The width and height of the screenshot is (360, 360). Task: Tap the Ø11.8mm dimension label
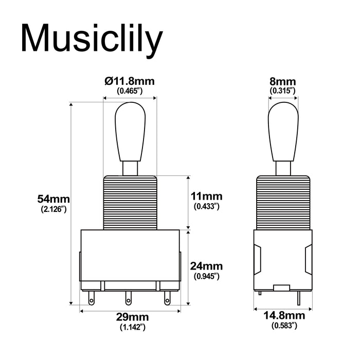[x=130, y=81]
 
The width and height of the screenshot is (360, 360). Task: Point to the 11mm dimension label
[x=206, y=196]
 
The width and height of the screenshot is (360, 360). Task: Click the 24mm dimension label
[x=206, y=266]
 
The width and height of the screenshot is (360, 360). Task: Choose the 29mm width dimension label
[x=130, y=317]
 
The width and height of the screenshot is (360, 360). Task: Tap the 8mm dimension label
[x=282, y=81]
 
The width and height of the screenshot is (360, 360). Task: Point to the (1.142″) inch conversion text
[x=130, y=327]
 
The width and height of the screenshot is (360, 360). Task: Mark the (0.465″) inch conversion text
[x=130, y=91]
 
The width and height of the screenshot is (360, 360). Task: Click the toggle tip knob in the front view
[x=130, y=131]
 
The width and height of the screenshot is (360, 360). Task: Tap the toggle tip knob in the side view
[x=282, y=131]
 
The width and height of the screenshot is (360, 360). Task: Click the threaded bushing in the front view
[x=130, y=202]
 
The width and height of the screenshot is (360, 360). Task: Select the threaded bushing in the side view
[x=282, y=202]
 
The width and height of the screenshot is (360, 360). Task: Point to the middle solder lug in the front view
[x=128, y=298]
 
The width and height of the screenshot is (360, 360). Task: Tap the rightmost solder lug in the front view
[x=167, y=297]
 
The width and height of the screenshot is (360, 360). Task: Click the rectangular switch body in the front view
[x=130, y=255]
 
